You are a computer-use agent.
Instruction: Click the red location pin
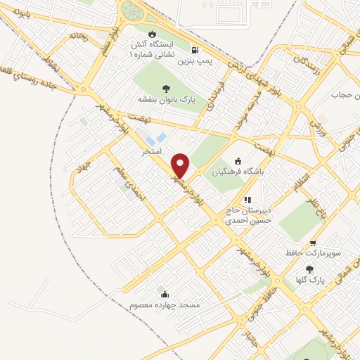click(181, 166)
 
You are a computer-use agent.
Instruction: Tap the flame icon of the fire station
click(151, 33)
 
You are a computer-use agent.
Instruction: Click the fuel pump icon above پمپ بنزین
click(195, 50)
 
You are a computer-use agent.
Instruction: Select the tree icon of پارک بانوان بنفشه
click(166, 88)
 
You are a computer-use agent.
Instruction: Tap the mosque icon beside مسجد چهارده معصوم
click(165, 294)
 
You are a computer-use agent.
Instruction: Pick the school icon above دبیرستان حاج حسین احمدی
click(247, 199)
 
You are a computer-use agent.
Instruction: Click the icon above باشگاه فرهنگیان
click(237, 160)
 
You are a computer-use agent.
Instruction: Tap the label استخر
click(153, 151)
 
